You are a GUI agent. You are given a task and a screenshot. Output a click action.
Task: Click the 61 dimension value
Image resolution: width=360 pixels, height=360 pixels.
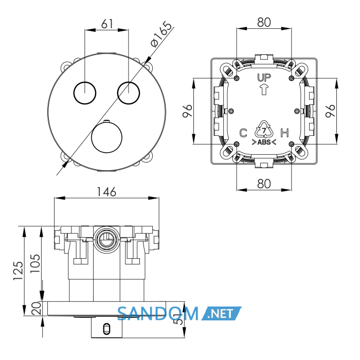(x=107, y=24)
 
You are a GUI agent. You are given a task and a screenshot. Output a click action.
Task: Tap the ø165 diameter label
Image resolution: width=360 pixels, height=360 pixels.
(x=161, y=34)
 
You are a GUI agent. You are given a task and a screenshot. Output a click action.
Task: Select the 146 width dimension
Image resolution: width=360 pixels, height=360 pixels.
(x=106, y=192)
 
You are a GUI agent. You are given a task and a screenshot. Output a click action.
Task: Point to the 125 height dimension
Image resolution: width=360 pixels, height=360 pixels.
(x=19, y=271)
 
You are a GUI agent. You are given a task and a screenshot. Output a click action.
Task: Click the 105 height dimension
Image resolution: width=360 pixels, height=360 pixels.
(x=35, y=263)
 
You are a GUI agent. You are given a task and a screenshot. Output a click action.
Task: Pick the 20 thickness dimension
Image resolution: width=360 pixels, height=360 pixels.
(x=37, y=309)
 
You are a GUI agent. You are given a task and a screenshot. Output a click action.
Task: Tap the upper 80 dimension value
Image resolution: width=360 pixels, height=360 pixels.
(x=264, y=22)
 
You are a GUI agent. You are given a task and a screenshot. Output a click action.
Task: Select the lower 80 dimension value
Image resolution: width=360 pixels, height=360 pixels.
(x=264, y=184)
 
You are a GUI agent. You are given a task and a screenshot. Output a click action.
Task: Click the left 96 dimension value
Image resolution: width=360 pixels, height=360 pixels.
(x=187, y=111)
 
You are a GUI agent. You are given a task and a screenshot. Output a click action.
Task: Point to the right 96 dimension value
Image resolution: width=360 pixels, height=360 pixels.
(x=330, y=111)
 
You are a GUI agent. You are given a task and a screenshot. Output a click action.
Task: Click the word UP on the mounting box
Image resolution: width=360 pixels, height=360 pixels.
(x=264, y=78)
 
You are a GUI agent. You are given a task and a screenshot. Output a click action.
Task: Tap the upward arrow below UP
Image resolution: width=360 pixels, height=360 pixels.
(x=264, y=89)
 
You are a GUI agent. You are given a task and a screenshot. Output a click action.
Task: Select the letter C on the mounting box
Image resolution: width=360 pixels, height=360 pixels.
(x=243, y=133)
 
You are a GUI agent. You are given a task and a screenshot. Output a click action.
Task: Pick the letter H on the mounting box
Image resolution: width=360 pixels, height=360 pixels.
(x=285, y=133)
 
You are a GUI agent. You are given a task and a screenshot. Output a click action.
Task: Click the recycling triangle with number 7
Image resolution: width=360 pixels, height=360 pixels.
(x=264, y=130)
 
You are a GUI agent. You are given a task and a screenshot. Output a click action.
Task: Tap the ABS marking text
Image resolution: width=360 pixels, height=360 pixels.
(x=264, y=142)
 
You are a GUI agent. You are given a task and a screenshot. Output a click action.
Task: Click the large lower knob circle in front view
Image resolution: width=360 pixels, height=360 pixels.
(x=106, y=137)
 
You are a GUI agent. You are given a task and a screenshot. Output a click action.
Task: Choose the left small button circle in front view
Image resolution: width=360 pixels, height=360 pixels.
(x=85, y=93)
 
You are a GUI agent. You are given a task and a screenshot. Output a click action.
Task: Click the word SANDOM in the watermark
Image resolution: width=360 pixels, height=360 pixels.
(x=158, y=313)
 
